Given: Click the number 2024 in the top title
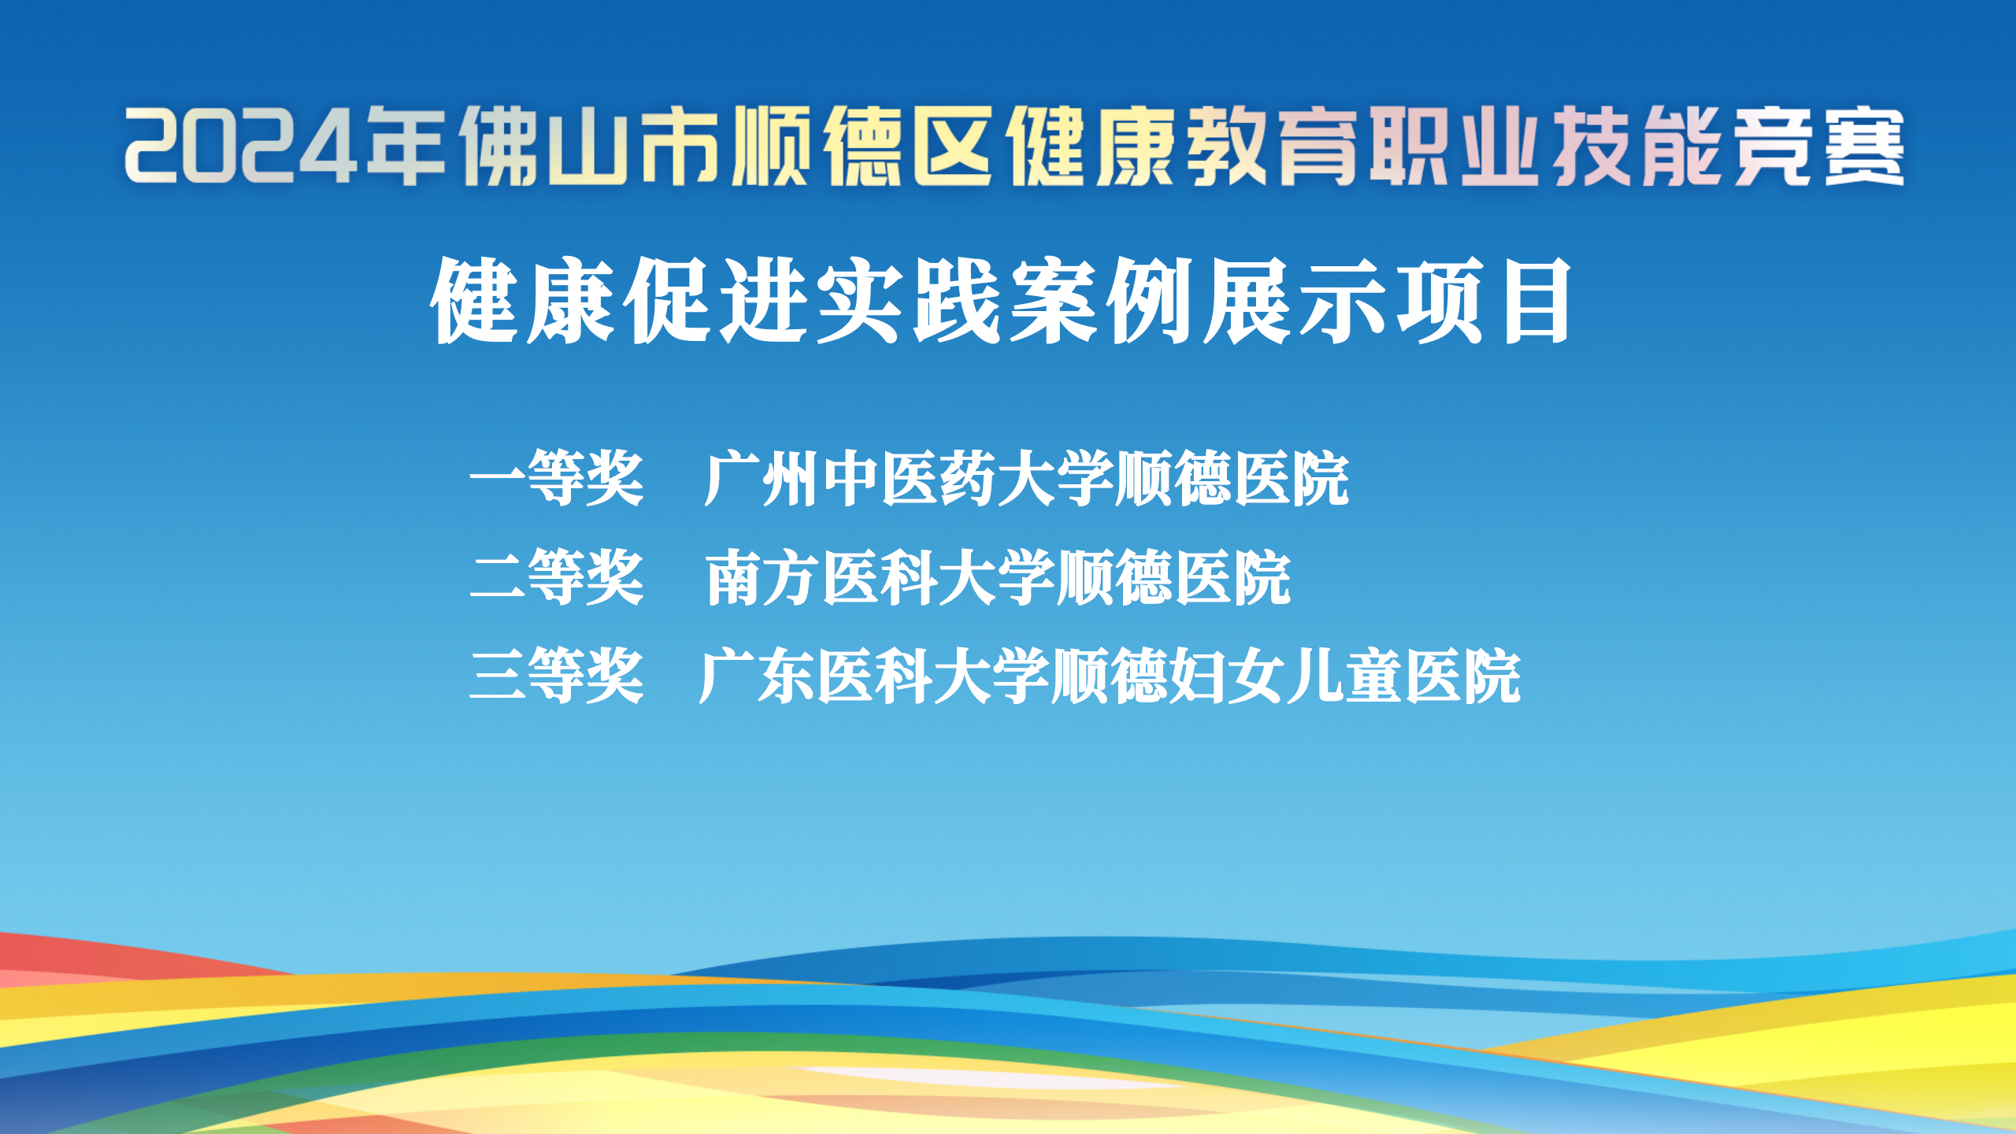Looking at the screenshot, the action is tap(241, 146).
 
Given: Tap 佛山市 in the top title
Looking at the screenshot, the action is tap(591, 146).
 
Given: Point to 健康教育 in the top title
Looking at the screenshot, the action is tap(1180, 146).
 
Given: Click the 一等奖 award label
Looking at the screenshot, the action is tap(557, 479).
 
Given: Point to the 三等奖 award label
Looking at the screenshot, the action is tap(557, 676).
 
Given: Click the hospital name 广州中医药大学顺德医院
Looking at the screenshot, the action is tap(1026, 479).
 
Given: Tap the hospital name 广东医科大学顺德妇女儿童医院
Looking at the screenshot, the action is tap(1110, 676).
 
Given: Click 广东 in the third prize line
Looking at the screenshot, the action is tap(756, 676).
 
